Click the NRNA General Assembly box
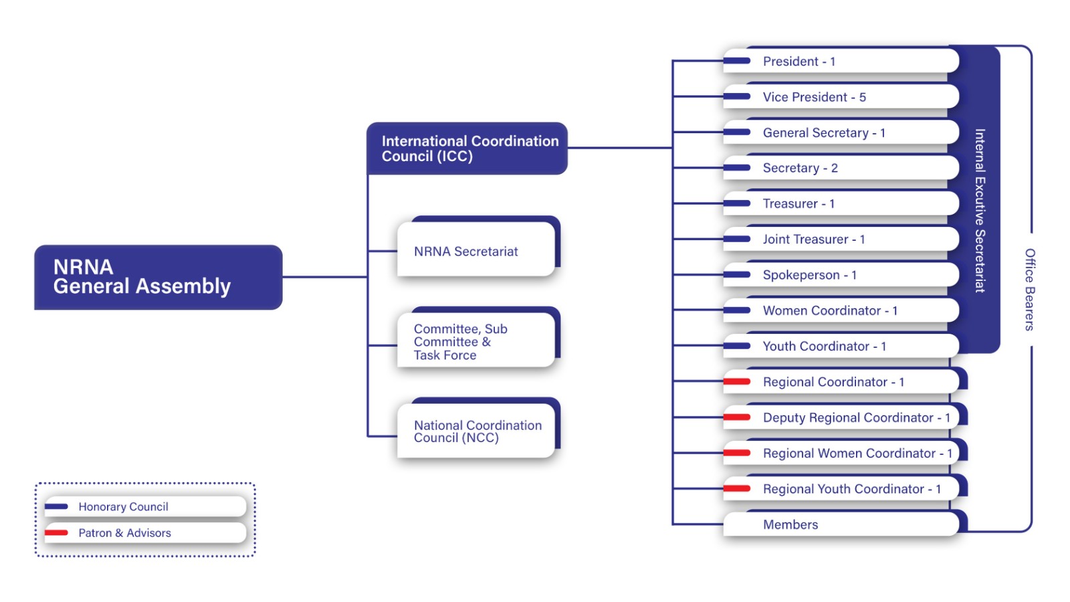click(x=158, y=277)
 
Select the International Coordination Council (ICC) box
click(x=467, y=148)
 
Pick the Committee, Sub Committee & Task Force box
click(x=476, y=341)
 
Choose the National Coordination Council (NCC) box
click(x=476, y=431)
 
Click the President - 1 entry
click(x=839, y=62)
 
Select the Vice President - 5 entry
click(x=839, y=97)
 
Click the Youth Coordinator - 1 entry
click(x=839, y=346)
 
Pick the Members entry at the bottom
click(x=839, y=525)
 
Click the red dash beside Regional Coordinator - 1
click(x=737, y=382)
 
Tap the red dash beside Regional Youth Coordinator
click(x=737, y=489)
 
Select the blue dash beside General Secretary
click(x=737, y=132)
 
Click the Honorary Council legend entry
click(x=144, y=507)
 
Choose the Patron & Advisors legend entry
click(x=144, y=533)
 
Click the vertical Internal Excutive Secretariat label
click(x=980, y=211)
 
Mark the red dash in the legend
click(x=56, y=533)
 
